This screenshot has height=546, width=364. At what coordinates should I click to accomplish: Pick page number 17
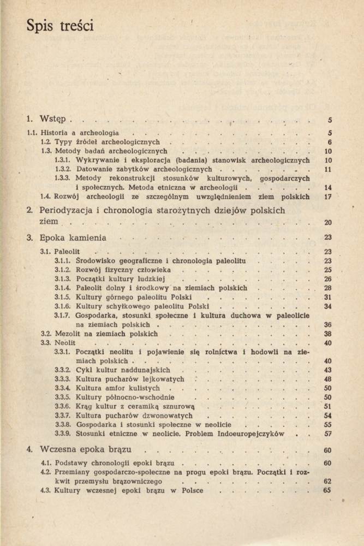328,197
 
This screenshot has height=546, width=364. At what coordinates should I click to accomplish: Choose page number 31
328,297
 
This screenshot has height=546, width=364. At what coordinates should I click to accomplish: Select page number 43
328,370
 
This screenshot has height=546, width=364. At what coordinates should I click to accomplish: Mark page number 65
327,490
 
